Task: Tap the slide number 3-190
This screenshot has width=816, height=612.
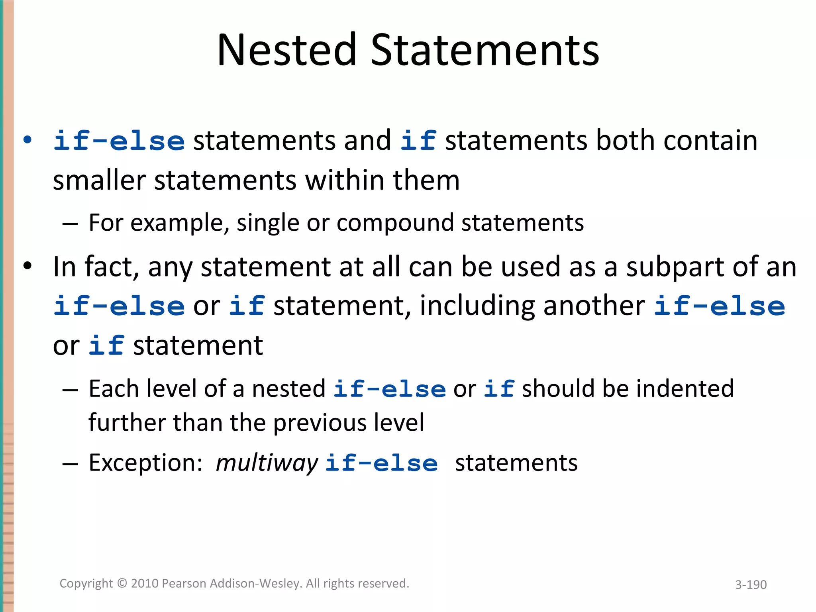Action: tap(751, 585)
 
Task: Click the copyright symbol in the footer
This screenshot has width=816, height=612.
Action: tap(122, 584)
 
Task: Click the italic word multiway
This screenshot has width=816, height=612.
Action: tap(267, 463)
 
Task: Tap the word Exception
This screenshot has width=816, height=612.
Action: tap(146, 463)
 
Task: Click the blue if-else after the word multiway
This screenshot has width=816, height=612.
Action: tap(381, 463)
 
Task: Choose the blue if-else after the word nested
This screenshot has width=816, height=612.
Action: tap(389, 389)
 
